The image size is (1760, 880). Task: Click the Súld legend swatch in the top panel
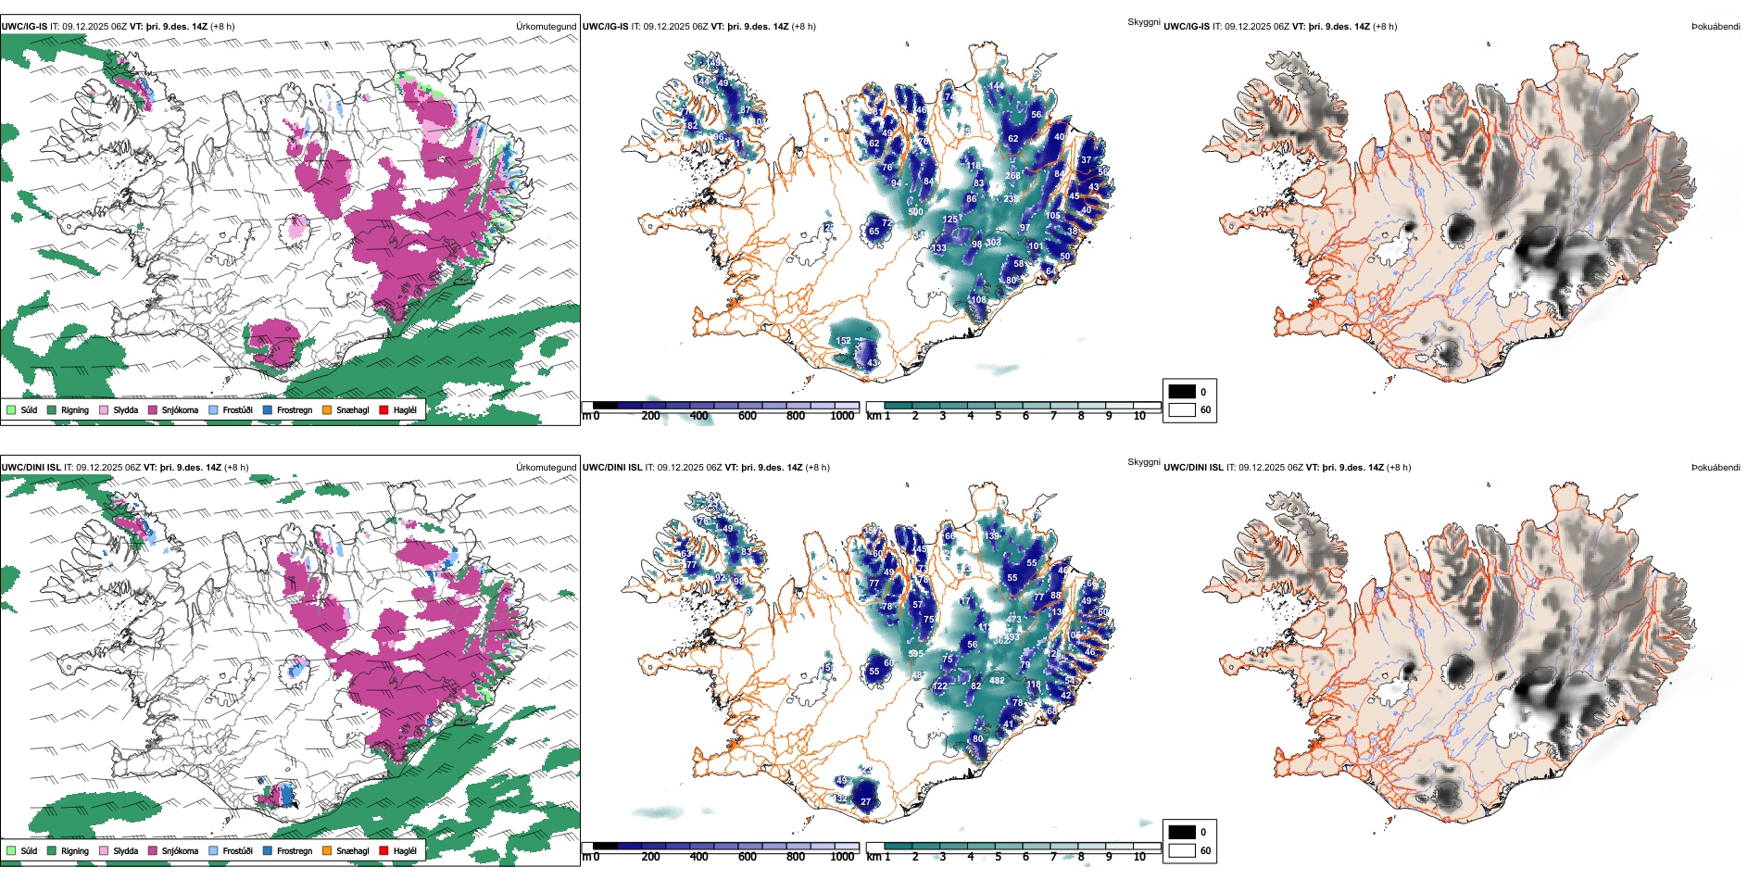[x=11, y=409]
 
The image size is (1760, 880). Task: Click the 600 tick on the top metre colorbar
[x=748, y=416]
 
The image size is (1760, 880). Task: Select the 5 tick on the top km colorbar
[x=999, y=416]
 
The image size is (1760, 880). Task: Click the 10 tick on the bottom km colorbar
[x=1139, y=857]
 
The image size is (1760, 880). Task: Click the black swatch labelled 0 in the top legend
[x=1182, y=392]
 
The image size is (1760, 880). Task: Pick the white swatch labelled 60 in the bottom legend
[x=1182, y=850]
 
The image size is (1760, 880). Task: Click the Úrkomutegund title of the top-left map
[x=546, y=27]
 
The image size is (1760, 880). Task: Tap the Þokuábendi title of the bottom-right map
[x=1716, y=468]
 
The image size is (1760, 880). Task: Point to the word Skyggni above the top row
[x=1144, y=21]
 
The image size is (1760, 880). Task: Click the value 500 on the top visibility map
[x=915, y=212]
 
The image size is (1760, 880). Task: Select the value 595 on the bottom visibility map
[x=915, y=654]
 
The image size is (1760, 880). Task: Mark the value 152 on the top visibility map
[x=843, y=341]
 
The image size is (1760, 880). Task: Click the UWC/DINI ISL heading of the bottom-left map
[x=31, y=468]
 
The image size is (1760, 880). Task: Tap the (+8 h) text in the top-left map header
[x=222, y=27]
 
